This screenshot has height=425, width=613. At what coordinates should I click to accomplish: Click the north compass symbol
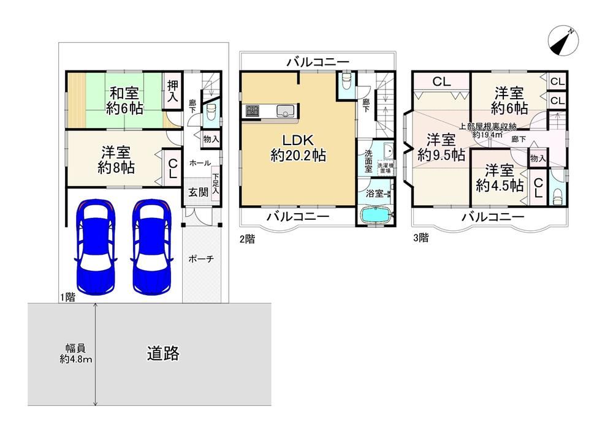[563, 41]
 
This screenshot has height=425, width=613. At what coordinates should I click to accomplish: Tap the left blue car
[96, 247]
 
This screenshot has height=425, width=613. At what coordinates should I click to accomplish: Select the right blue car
[151, 247]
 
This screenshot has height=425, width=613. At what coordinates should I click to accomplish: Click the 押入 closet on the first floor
[172, 91]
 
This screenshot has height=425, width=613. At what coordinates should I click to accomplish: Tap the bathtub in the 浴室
[375, 215]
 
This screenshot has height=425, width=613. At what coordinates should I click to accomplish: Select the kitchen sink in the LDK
[286, 111]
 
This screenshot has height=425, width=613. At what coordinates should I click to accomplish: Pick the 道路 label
[163, 353]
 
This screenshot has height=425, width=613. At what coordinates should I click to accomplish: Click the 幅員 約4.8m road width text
[75, 353]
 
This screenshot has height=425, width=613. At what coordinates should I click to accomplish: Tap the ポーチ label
[201, 258]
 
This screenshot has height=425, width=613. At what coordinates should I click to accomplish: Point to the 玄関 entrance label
[198, 192]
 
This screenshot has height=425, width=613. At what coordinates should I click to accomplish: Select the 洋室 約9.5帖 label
[441, 147]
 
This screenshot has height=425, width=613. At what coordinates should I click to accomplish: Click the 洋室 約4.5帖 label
[500, 178]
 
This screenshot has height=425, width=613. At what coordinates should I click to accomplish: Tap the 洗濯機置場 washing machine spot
[386, 168]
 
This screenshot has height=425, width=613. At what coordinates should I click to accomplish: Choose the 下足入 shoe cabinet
[215, 185]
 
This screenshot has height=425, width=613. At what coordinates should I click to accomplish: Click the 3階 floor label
[421, 238]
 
